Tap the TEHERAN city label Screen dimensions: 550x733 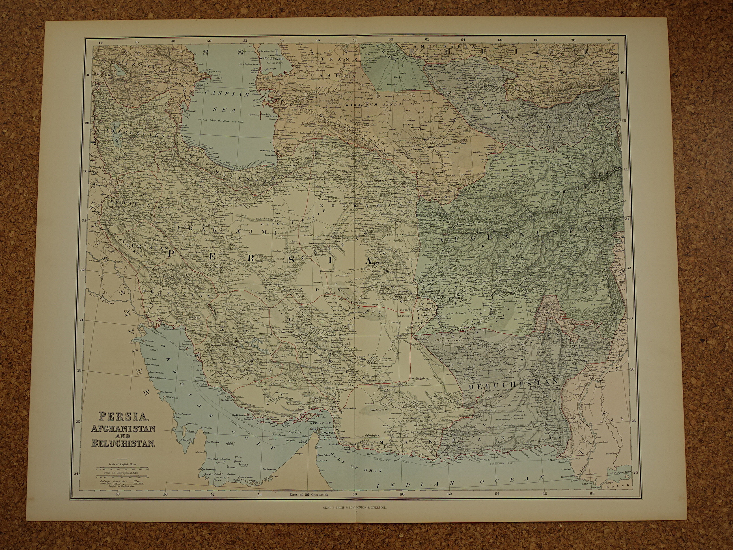tap(218, 191)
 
